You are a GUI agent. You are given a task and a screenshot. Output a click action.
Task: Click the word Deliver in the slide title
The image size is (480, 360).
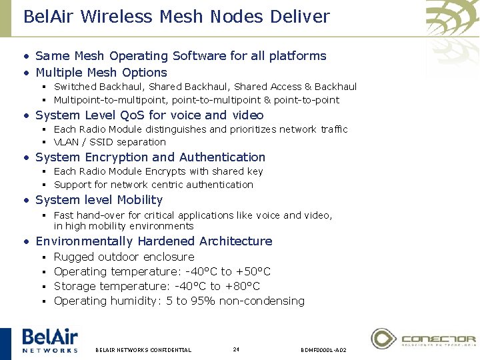pyautogui.click(x=298, y=16)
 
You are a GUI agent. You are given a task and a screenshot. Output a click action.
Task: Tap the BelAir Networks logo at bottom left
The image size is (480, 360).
pyautogui.click(x=50, y=340)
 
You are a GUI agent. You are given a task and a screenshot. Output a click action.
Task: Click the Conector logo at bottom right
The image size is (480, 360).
pyautogui.click(x=423, y=339)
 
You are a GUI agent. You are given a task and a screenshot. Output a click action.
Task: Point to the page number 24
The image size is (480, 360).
pyautogui.click(x=236, y=349)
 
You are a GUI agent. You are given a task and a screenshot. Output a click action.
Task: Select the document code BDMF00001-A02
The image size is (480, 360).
pyautogui.click(x=323, y=349)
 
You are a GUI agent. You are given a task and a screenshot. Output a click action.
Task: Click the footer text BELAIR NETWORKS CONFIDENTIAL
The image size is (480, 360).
pyautogui.click(x=143, y=349)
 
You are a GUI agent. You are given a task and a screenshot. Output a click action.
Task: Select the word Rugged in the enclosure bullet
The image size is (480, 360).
pyautogui.click(x=74, y=257)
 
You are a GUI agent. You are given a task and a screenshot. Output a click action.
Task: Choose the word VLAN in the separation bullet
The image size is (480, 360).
pyautogui.click(x=66, y=142)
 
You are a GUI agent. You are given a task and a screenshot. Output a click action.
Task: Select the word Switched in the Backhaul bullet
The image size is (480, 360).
pyautogui.click(x=75, y=87)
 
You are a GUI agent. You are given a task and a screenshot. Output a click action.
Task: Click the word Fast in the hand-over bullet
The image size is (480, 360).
pyautogui.click(x=63, y=215)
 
